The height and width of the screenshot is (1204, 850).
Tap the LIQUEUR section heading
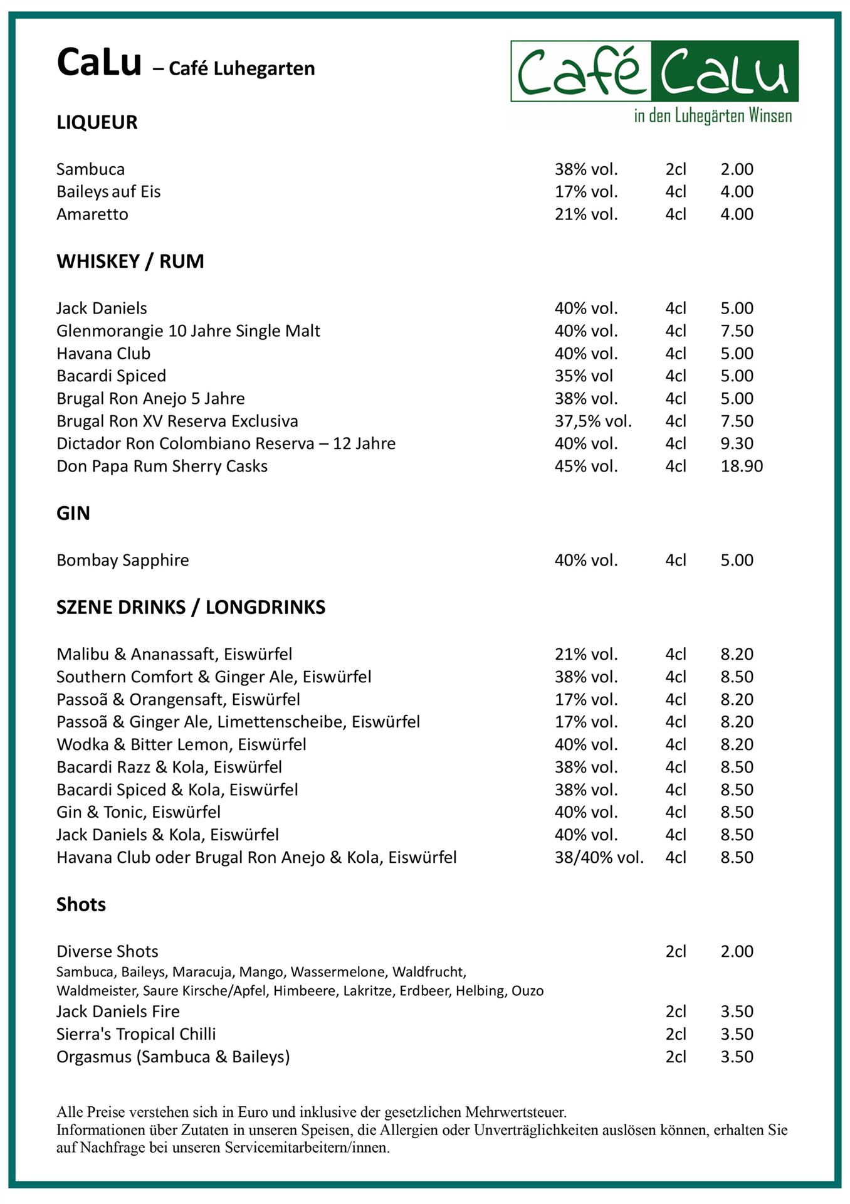(97, 122)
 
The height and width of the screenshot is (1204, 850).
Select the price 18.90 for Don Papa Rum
(742, 466)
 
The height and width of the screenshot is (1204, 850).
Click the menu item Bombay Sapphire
(122, 560)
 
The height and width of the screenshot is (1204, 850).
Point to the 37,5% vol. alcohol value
(592, 421)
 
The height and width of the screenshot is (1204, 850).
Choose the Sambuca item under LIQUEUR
(90, 169)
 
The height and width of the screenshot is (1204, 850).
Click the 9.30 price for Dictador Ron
(737, 443)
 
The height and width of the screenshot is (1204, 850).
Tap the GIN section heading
(73, 514)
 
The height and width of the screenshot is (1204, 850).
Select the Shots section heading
(81, 904)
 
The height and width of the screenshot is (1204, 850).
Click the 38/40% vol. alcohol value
(599, 857)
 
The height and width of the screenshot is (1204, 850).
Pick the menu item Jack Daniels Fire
(118, 1011)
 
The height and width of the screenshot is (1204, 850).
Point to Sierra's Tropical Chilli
(136, 1034)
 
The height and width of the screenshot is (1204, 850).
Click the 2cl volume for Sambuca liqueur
(676, 169)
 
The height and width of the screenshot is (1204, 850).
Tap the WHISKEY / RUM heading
(130, 261)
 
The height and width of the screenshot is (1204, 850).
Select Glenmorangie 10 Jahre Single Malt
(188, 330)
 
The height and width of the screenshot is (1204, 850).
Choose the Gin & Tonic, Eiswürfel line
(139, 812)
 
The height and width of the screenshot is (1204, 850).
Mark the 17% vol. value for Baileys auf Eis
(585, 191)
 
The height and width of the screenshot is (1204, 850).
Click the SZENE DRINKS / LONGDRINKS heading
(191, 608)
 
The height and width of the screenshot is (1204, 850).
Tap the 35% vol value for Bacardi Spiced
(583, 376)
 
